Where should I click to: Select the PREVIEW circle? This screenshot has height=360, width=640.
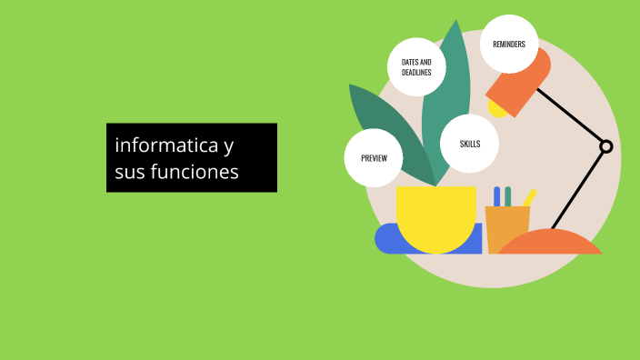[374, 158]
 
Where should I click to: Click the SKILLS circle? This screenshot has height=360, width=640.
[469, 144]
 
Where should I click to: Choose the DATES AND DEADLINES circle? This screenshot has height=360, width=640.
[416, 67]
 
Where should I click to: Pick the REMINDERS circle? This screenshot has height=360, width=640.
[509, 44]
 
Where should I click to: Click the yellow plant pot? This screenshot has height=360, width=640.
[436, 218]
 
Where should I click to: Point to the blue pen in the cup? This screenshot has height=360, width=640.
[497, 196]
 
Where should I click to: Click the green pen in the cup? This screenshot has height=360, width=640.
[508, 196]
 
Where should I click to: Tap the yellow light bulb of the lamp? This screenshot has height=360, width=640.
[497, 108]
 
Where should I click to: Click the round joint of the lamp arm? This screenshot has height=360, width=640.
[606, 146]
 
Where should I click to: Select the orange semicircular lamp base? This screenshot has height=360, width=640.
[549, 244]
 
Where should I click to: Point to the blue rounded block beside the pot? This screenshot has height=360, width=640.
[386, 238]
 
